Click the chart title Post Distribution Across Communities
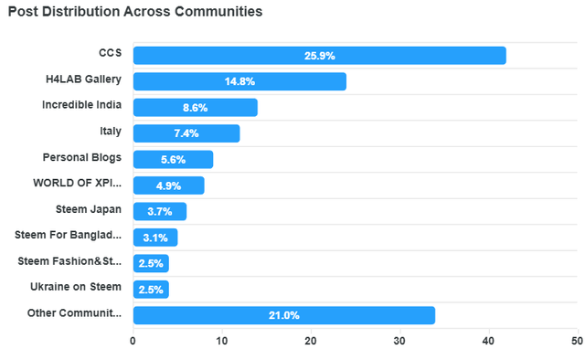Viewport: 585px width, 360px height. (135, 13)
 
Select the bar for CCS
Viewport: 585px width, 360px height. (319, 56)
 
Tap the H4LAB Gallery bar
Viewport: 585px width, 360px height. (239, 81)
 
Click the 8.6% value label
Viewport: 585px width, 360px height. (195, 108)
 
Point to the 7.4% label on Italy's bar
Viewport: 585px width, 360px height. (186, 133)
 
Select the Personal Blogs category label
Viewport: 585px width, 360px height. (82, 157)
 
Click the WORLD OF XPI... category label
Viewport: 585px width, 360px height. (77, 183)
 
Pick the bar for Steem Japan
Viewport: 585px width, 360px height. (160, 211)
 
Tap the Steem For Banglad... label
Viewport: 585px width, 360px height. (69, 235)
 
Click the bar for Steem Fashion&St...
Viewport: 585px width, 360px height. (151, 263)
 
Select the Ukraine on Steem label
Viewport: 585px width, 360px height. (76, 287)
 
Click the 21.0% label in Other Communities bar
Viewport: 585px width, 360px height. (283, 315)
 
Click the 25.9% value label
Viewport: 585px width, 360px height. (319, 56)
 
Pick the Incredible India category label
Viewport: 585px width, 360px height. (81, 105)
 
